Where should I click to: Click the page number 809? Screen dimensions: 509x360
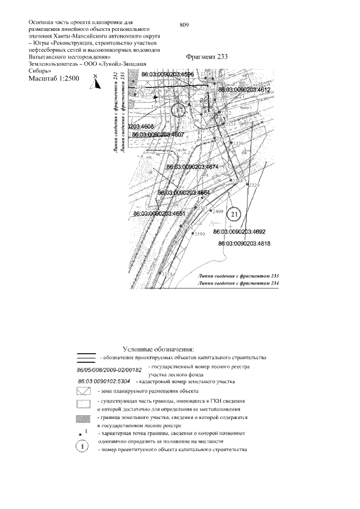coord(183,25)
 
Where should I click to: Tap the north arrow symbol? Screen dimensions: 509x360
coord(96,83)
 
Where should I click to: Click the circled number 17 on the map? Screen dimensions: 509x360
coord(179,111)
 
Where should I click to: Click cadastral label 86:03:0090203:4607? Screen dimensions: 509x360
coord(157,135)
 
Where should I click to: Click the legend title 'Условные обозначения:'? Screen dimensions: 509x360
coord(158,349)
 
